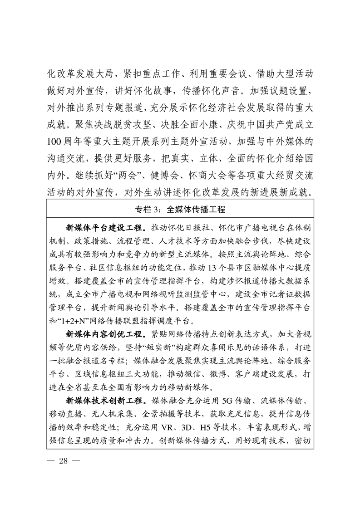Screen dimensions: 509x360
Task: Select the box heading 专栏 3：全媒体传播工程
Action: pyautogui.click(x=180, y=210)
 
